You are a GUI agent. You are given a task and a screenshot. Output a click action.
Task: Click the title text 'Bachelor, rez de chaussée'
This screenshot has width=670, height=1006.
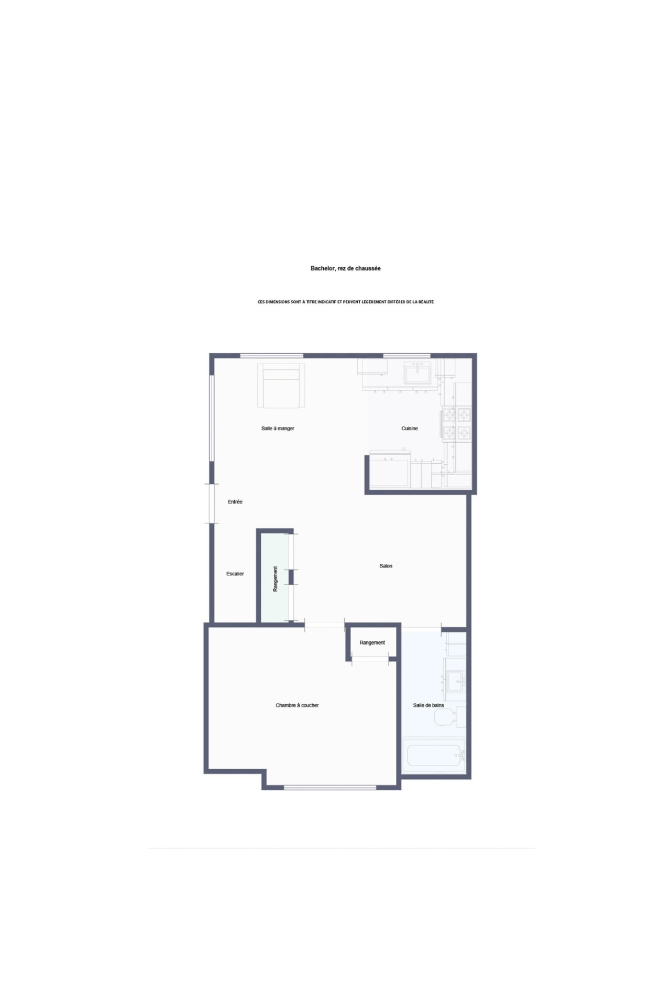346,268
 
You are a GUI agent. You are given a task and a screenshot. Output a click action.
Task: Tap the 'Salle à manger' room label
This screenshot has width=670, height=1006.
278,429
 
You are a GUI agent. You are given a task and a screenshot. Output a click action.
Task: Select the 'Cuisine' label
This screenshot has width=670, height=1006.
410,429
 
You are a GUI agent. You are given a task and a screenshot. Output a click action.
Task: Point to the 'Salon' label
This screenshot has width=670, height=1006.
386,566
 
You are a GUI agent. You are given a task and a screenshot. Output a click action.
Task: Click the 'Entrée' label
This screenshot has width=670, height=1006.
235,502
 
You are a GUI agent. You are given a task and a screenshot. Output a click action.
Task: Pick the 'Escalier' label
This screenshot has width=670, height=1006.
235,574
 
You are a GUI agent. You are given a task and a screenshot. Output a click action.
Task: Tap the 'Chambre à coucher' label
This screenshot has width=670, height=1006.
297,705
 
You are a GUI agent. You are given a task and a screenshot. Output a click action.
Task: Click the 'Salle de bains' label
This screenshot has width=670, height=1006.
429,705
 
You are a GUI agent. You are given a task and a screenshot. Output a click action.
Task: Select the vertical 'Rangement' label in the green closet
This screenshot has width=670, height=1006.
275,579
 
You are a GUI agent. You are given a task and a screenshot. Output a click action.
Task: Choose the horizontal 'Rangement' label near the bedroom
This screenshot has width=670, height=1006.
372,643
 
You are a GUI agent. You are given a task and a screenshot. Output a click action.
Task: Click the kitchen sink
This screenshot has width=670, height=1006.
418,374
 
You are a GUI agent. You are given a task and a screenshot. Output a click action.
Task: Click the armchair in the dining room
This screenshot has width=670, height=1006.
281,386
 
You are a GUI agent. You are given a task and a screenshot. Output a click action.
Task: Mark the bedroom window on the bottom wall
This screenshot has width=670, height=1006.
330,787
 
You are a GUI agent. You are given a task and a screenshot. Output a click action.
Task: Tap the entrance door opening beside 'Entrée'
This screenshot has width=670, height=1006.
212,503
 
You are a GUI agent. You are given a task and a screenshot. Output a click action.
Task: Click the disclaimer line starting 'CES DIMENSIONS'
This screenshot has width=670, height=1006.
346,302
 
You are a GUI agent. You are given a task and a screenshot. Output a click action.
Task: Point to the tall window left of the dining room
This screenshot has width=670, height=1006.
212,419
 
